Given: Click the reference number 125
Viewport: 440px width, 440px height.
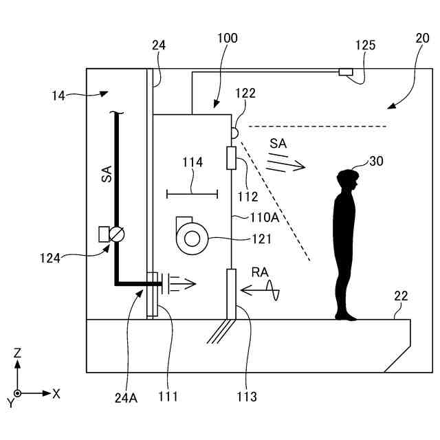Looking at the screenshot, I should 366,45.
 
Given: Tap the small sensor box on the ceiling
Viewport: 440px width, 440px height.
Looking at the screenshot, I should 345,71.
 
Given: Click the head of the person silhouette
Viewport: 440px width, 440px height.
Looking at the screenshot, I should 348,180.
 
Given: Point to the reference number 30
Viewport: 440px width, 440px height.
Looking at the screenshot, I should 376,162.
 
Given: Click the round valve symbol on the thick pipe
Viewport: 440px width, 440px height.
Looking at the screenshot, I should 119,234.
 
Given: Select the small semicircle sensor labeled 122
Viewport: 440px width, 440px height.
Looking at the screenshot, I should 234,131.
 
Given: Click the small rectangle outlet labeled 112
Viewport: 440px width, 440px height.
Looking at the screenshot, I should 231,157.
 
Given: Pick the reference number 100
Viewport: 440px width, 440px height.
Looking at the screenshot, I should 227,38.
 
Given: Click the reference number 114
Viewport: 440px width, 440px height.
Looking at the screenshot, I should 192,163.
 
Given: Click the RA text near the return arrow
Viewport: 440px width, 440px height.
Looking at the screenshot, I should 260,273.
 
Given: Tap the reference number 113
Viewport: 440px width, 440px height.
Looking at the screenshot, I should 246,397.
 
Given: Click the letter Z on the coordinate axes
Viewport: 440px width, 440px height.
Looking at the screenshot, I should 18,353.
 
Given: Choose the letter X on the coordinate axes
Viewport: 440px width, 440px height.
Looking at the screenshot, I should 56,394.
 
